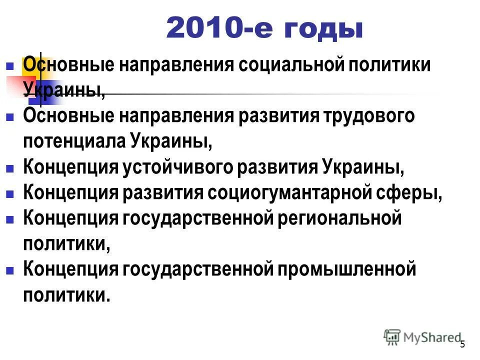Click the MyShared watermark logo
(422, 337)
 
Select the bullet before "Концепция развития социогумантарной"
(9, 194)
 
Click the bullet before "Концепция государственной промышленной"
(9, 270)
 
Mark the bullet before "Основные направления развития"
(9, 117)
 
